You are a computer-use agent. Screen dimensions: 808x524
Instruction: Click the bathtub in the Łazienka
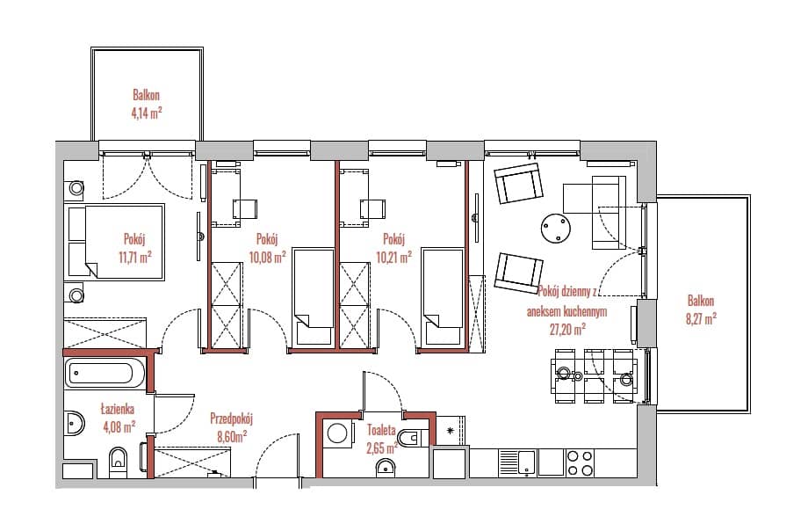click(x=105, y=373)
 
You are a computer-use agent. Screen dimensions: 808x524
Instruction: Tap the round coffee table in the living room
click(x=555, y=228)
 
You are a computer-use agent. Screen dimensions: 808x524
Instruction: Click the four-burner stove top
click(x=580, y=462)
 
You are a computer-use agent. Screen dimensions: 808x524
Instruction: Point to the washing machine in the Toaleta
click(x=337, y=433)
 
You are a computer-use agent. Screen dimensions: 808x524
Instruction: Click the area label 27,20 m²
click(x=566, y=330)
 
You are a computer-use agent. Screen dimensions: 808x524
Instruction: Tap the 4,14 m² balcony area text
click(x=147, y=113)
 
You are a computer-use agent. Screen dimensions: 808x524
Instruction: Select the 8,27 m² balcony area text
click(x=701, y=319)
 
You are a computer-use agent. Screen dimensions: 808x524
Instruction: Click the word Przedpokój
click(x=231, y=418)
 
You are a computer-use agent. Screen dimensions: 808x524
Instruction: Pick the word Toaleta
click(x=382, y=430)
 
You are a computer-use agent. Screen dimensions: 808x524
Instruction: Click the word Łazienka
click(x=118, y=410)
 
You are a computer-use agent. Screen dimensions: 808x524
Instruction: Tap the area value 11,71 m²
click(x=135, y=257)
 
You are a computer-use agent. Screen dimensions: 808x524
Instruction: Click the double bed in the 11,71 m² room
click(x=114, y=242)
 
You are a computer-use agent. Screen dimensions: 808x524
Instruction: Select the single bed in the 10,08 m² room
click(x=314, y=296)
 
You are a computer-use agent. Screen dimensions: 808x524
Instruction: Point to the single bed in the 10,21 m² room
click(x=443, y=296)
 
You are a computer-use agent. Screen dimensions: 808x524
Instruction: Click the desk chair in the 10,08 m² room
click(x=245, y=209)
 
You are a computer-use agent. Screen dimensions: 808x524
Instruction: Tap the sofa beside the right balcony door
click(x=609, y=213)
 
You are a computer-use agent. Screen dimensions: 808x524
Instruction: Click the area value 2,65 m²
click(x=382, y=448)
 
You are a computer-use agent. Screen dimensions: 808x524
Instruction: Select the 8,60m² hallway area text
click(x=232, y=437)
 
